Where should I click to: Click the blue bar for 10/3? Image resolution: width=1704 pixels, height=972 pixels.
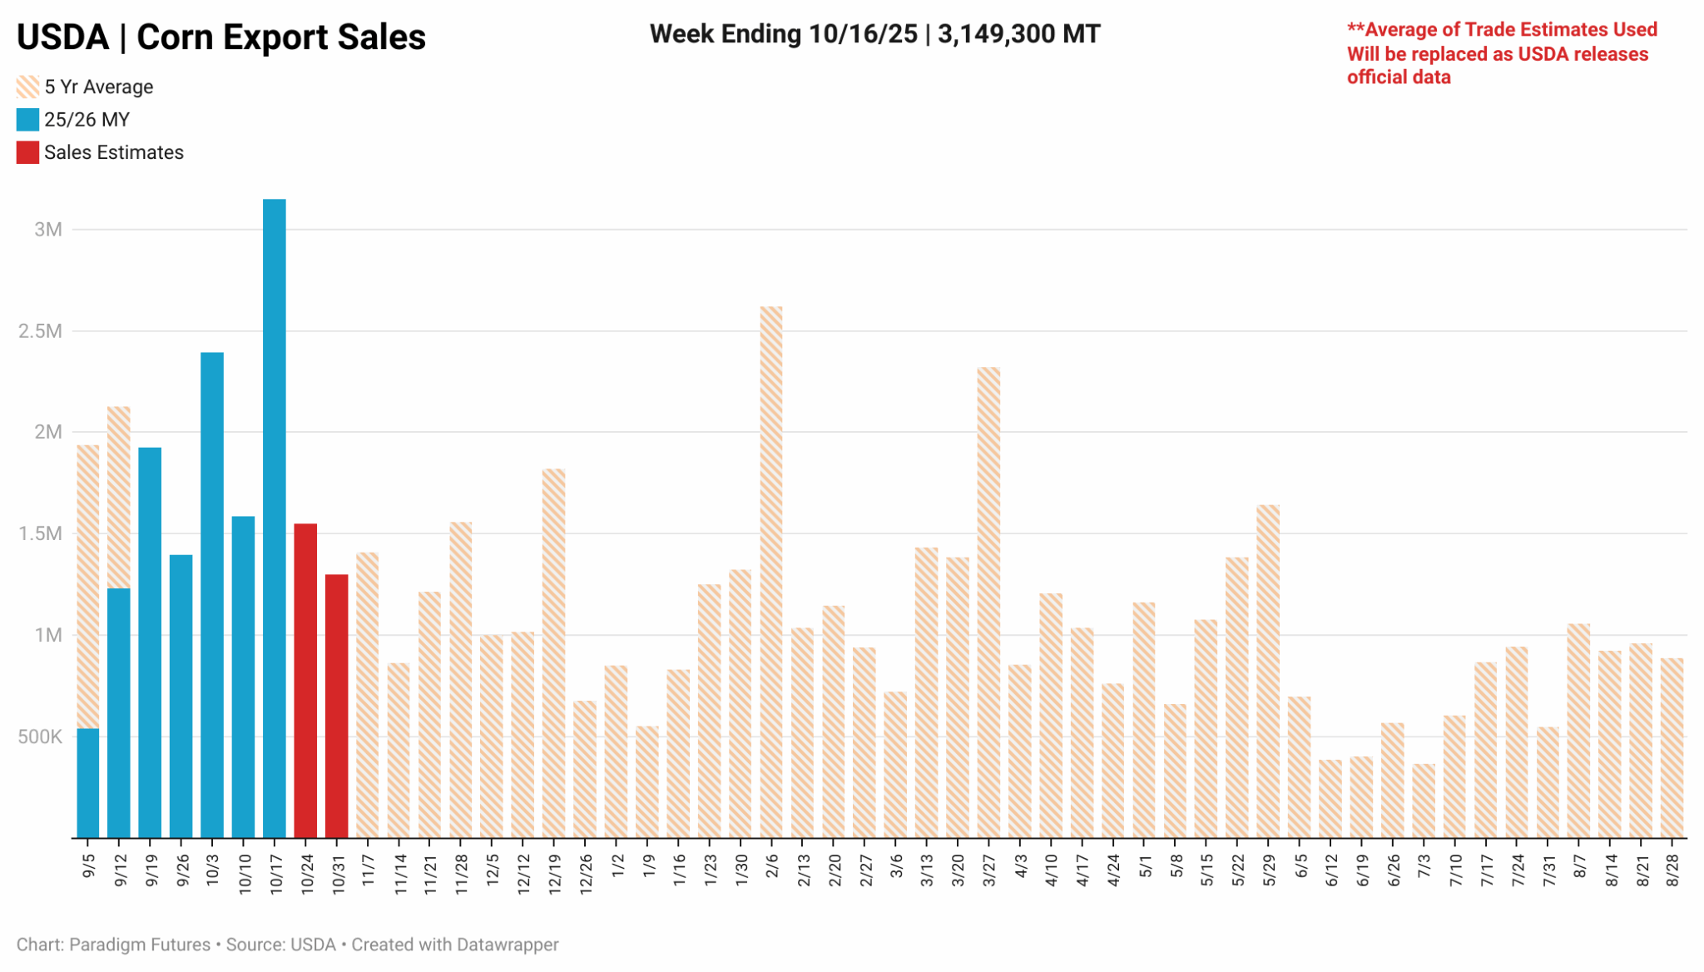pyautogui.click(x=212, y=594)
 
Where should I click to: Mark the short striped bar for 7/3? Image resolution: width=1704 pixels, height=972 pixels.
pyautogui.click(x=1423, y=800)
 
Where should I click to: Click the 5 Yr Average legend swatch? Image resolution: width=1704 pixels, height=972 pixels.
pyautogui.click(x=27, y=87)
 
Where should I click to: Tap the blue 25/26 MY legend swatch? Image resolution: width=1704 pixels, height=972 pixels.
pyautogui.click(x=27, y=120)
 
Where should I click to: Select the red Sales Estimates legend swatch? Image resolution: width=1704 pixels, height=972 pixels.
pyautogui.click(x=27, y=153)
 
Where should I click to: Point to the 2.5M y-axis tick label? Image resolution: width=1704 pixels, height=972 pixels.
pyautogui.click(x=40, y=331)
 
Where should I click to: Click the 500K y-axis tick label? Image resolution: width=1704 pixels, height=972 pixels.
pyautogui.click(x=40, y=736)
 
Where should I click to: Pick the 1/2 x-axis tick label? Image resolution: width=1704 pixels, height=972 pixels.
pyautogui.click(x=617, y=865)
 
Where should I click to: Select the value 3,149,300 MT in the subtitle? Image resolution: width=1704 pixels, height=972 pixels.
pyautogui.click(x=1018, y=34)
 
